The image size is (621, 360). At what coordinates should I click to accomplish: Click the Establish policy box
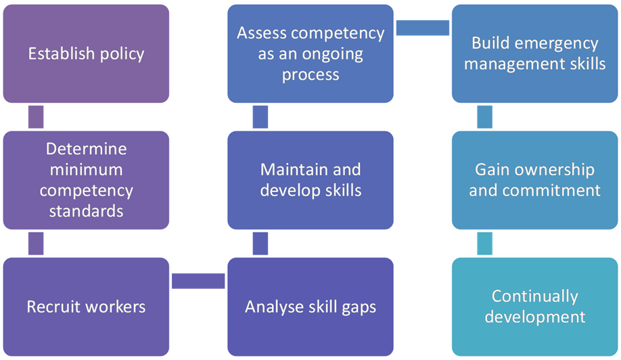tap(86, 53)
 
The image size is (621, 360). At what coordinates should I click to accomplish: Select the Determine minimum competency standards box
tap(86, 179)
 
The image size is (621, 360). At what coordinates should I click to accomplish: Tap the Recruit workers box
tap(86, 307)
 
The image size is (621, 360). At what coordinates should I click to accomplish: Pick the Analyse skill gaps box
tap(310, 307)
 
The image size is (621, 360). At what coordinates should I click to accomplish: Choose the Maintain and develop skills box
tap(310, 179)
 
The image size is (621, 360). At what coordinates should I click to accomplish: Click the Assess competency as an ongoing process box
tap(310, 53)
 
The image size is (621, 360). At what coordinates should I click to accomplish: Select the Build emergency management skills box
tap(534, 53)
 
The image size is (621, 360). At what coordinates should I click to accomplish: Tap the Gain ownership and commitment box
tap(534, 179)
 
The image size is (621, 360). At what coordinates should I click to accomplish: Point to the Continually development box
tap(534, 307)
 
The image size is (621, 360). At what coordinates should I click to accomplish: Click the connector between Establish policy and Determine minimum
tap(36, 116)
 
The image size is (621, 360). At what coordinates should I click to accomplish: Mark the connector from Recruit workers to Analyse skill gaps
tap(198, 281)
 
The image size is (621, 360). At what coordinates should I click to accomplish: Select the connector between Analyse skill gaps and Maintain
tap(260, 243)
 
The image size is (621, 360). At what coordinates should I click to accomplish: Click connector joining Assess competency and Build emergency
tap(423, 28)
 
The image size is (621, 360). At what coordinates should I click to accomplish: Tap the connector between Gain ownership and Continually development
tap(484, 243)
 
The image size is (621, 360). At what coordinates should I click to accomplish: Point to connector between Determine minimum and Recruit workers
tap(36, 243)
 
